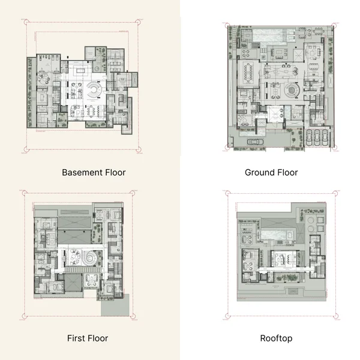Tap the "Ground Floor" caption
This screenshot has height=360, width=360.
pyautogui.click(x=271, y=172)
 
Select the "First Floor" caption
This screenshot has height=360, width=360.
pyautogui.click(x=88, y=338)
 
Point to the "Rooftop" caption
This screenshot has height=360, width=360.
pyautogui.click(x=276, y=338)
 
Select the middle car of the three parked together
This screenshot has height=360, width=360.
pyautogui.click(x=317, y=137)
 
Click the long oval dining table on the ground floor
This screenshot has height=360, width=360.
pyautogui.click(x=248, y=73)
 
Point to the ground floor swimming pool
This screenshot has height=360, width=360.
pyautogui.click(x=269, y=36)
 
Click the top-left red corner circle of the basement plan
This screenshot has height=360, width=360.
pyautogui.click(x=26, y=22)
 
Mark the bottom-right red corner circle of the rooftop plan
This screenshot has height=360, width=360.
pyautogui.click(x=335, y=316)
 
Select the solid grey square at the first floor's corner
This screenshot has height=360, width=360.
pyautogui.click(x=115, y=305)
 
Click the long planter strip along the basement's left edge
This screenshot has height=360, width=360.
pyautogui.click(x=29, y=92)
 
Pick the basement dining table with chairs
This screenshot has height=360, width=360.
pyautogui.click(x=91, y=110)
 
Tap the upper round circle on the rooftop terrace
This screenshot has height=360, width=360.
pyautogui.click(x=310, y=220)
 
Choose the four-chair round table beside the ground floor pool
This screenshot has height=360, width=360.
pyautogui.click(x=245, y=54)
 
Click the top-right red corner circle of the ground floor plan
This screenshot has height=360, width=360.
pyautogui.click(x=334, y=25)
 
